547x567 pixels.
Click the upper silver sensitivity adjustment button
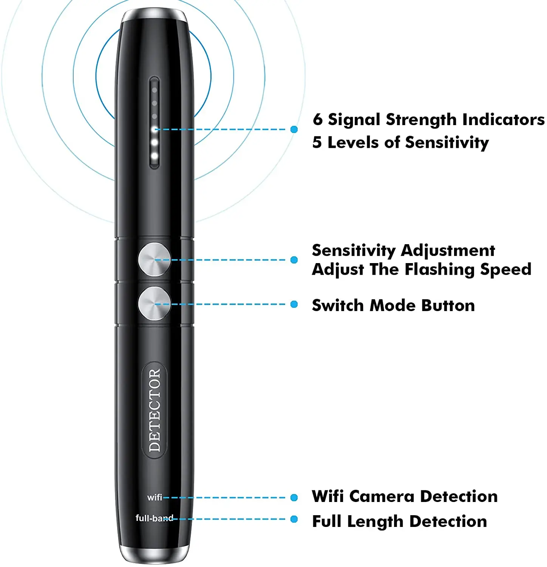(x=154, y=260)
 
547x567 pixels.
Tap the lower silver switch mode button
(x=154, y=304)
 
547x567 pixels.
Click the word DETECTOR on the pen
(x=155, y=411)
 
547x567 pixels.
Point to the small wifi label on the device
(x=155, y=497)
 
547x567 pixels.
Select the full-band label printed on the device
(x=154, y=518)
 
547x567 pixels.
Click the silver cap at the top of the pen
(x=154, y=15)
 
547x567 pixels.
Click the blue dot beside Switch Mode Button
(x=294, y=304)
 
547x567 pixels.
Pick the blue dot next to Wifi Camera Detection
(x=294, y=497)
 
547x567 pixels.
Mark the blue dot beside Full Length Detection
(x=294, y=519)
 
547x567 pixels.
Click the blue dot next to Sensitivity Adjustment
(x=294, y=260)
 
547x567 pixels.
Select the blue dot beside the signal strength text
(x=294, y=129)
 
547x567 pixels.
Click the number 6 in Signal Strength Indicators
(x=318, y=119)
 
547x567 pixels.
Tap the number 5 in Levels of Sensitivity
(x=317, y=143)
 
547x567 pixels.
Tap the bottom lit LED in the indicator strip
(x=154, y=156)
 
